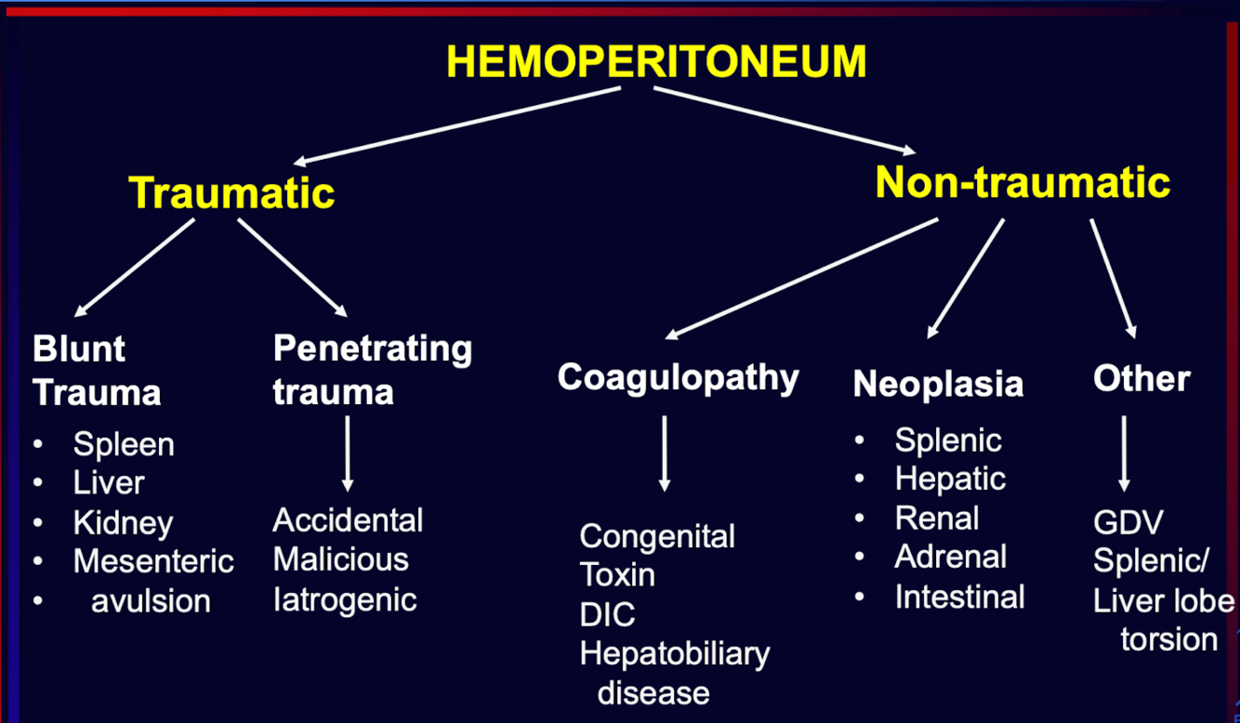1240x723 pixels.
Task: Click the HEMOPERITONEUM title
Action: pos(656,61)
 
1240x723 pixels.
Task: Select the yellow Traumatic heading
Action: pos(231,192)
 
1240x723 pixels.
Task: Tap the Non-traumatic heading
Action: pos(1022,182)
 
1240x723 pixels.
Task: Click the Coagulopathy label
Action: pos(679,377)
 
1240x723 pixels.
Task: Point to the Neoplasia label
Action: pos(938,384)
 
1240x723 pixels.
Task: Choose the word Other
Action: pos(1141,378)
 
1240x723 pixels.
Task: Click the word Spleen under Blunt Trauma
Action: pos(124,444)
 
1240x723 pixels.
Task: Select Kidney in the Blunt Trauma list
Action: pos(123,522)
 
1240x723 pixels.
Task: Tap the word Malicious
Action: pos(341,559)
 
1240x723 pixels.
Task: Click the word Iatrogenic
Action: pos(345,599)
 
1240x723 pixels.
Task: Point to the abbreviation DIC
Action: pos(608,614)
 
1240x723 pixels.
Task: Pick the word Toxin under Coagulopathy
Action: pos(617,574)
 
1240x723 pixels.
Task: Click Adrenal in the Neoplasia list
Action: pos(950,557)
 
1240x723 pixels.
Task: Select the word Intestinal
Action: pos(959,597)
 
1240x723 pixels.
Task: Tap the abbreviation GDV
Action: pos(1128,522)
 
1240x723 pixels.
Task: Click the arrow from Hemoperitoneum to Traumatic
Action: pos(460,125)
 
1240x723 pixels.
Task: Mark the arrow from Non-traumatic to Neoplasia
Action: pos(966,278)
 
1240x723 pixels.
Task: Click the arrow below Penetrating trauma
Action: pos(348,453)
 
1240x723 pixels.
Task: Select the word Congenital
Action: pos(657,535)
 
